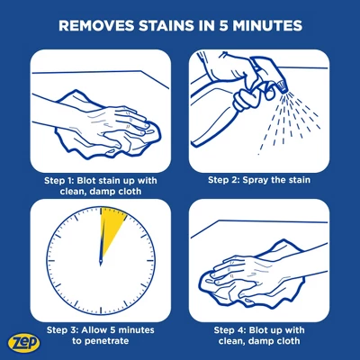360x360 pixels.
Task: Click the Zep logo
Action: (x=24, y=343)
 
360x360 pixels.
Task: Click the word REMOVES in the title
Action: (x=96, y=25)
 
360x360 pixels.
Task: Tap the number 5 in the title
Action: (x=223, y=25)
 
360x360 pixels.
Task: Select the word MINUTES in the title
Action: (x=267, y=25)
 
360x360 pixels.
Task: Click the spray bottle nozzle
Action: (x=281, y=85)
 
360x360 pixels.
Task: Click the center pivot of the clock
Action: (x=101, y=260)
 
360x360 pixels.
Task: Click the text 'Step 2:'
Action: (x=223, y=180)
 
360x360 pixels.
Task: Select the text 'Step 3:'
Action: (x=62, y=330)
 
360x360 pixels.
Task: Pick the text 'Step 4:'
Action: (x=229, y=330)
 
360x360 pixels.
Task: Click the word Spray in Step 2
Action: (x=255, y=180)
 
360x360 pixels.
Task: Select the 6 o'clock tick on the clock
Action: (x=101, y=310)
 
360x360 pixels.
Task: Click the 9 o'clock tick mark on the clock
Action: (x=51, y=260)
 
